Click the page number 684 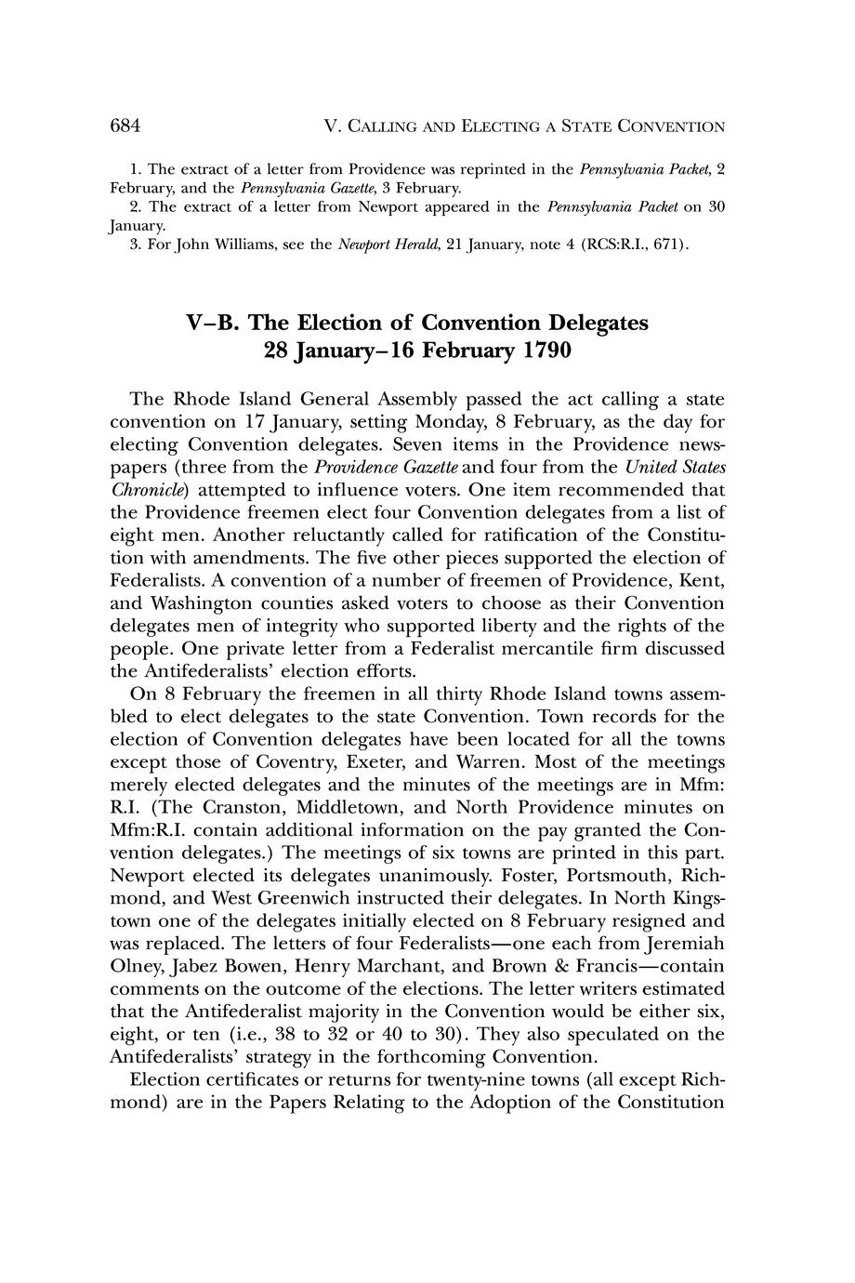tap(125, 125)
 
